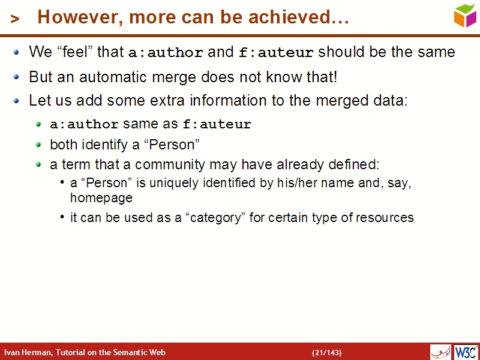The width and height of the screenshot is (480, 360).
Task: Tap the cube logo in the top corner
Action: (464, 15)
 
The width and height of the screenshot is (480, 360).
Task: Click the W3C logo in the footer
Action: (466, 352)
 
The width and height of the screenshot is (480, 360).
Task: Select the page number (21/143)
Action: (326, 352)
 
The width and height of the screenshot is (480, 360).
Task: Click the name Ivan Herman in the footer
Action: (28, 352)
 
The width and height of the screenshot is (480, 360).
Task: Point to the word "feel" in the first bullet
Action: (75, 52)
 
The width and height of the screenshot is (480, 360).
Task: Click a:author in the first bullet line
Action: (166, 53)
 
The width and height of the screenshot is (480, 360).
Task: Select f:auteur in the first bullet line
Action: (276, 53)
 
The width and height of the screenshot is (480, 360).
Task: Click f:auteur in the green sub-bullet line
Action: (217, 125)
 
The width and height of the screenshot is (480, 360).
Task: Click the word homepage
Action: (101, 197)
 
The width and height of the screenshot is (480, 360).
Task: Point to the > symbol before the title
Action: (15, 19)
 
